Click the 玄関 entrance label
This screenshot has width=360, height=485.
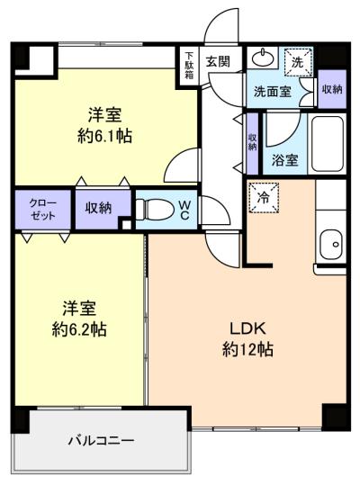219,61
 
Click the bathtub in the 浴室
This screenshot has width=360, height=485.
328,144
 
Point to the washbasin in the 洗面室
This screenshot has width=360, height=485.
263,58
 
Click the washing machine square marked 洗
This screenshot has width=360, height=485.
297,62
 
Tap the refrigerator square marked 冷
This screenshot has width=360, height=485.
264,198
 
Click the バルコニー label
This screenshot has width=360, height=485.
101,441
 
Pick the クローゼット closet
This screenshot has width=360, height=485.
43,209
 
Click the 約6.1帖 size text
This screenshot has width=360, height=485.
104,137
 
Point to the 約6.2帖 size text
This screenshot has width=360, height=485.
79,329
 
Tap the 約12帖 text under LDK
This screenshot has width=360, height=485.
247,350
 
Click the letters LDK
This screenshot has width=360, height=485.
247,328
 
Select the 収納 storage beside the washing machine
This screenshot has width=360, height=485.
332,89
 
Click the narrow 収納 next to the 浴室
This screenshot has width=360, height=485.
253,143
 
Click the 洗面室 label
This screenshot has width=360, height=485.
273,92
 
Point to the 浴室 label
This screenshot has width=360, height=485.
284,160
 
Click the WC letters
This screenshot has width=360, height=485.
184,211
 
